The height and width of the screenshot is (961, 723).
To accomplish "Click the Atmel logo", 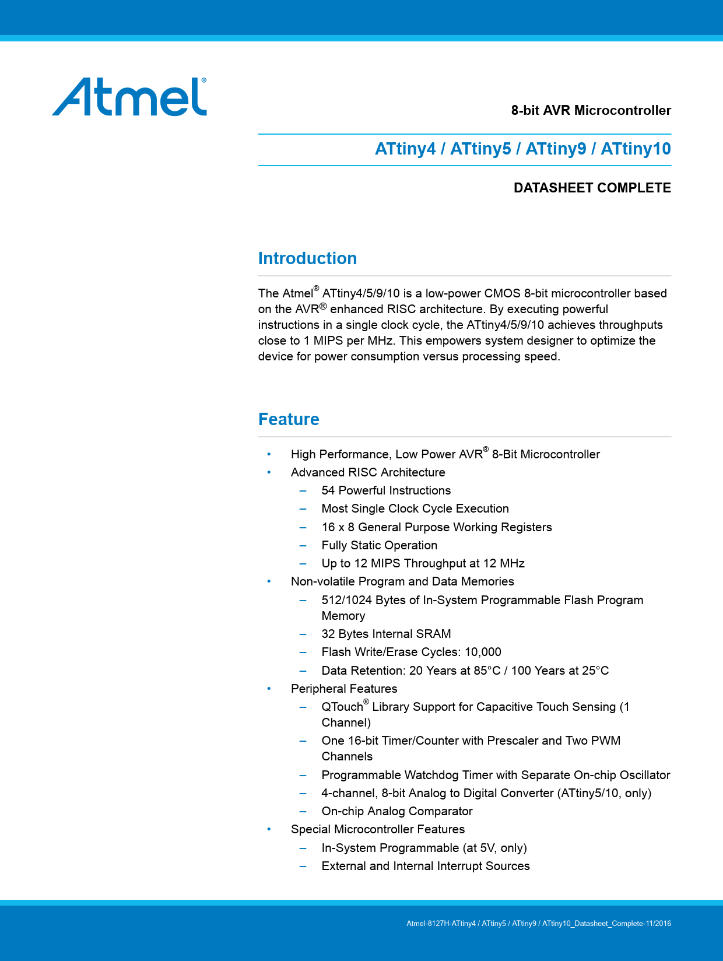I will (129, 97).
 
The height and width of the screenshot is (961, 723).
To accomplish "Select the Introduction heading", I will (307, 258).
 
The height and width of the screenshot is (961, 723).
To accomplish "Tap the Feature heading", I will (289, 419).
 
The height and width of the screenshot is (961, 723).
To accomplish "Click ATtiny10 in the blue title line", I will (636, 149).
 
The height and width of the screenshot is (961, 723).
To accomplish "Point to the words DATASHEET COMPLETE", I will (592, 188).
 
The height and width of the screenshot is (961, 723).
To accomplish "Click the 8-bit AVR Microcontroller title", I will (591, 110).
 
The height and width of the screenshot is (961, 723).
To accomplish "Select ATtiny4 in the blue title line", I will (405, 149).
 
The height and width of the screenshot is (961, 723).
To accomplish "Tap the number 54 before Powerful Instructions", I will (328, 490).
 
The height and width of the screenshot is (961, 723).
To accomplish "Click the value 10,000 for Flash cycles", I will (483, 652).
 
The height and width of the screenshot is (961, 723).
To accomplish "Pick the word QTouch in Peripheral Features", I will (342, 707).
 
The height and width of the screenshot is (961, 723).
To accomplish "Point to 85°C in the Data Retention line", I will (487, 671).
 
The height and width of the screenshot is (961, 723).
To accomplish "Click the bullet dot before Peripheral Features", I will (269, 689).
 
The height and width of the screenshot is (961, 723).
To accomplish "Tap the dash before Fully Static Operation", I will (303, 546).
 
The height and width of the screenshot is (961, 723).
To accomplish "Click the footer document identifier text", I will (539, 924).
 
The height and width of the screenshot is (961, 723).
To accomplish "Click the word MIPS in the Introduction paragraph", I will (330, 341).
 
